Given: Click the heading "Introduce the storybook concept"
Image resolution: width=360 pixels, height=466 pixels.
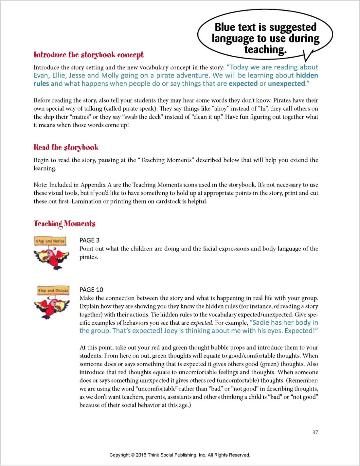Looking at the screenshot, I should (x=88, y=55).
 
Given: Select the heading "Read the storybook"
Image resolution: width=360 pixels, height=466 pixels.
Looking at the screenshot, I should (x=66, y=147).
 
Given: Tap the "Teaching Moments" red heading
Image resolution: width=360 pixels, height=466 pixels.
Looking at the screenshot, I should (x=64, y=224).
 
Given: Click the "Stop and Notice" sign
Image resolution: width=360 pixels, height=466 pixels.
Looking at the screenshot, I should (x=50, y=241).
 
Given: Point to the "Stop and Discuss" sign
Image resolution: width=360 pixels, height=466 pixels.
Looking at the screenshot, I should (x=53, y=290).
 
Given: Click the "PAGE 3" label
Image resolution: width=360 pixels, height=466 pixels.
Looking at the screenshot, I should (x=89, y=240).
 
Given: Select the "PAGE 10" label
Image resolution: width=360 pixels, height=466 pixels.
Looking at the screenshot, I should (x=91, y=290).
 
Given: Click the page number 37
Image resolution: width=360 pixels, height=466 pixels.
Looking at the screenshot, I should (x=315, y=432).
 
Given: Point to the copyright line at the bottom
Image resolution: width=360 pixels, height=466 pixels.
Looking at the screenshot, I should (x=180, y=455).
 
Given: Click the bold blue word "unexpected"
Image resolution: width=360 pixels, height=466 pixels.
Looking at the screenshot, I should (x=286, y=83).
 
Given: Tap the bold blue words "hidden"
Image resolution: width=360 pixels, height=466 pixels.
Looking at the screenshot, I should (x=307, y=75).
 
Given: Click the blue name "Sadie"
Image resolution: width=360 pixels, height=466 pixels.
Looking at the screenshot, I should (x=261, y=322).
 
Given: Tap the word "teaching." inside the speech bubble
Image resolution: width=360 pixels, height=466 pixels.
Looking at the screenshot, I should (x=265, y=50).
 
